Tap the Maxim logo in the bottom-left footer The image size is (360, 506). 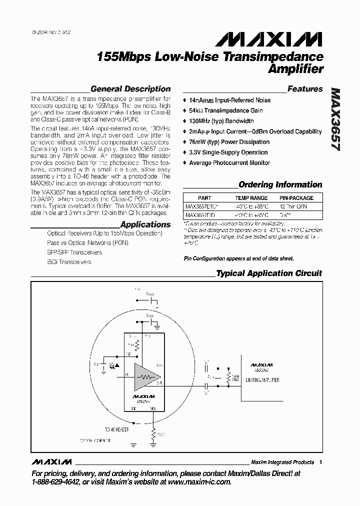coord(51,461)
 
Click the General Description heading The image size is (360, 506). coord(130,89)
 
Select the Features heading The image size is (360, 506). coord(305,89)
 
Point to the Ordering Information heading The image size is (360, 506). coord(280,184)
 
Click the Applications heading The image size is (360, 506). coord(145,224)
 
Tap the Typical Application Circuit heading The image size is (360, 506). coord(268,273)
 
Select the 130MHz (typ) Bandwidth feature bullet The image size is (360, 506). coord(221,121)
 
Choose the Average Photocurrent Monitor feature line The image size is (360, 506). coord(229,163)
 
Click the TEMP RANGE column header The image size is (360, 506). coord(251,198)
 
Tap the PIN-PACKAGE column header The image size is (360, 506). coord(296,198)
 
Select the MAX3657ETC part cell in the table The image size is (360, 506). coord(202,206)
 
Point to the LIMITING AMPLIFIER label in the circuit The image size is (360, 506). coord(262,380)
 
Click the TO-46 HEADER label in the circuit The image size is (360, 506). coord(117,429)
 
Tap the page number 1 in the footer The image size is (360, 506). coord(320,462)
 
